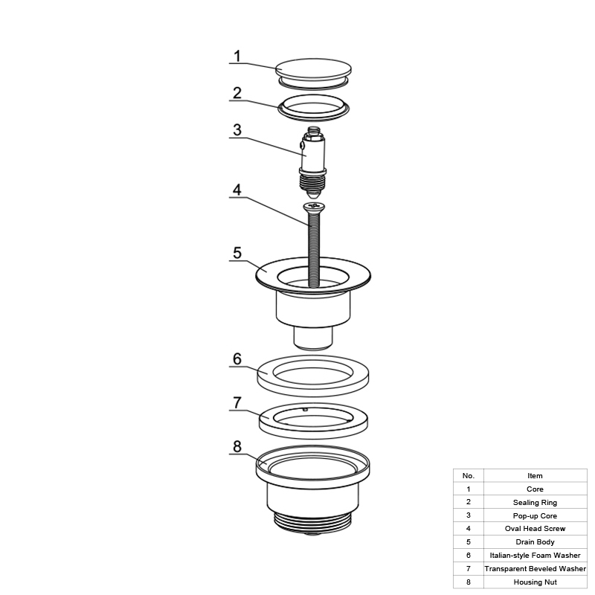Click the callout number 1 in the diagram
[237, 57]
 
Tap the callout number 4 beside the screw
[237, 190]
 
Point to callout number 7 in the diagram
[237, 402]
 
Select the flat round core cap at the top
[313, 70]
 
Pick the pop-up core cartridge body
[313, 155]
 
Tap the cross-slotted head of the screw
[314, 207]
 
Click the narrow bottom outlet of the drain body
[313, 338]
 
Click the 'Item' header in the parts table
[535, 476]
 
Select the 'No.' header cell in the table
[469, 476]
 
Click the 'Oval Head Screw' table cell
[535, 529]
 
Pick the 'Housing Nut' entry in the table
[535, 582]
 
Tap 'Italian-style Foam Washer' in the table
[535, 556]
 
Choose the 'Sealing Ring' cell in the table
[535, 503]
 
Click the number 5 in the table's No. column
[469, 542]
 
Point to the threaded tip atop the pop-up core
[312, 130]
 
